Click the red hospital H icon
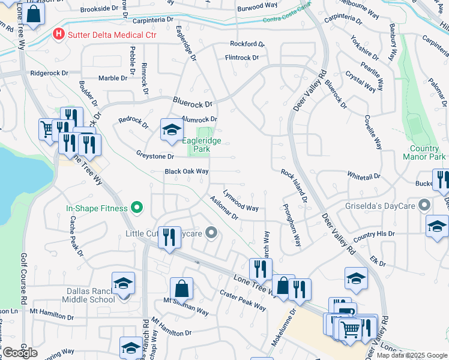[58, 34]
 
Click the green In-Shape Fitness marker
[137, 208]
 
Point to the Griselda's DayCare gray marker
[425, 205]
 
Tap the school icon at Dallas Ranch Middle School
[123, 283]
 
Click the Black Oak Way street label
[187, 172]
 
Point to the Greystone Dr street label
[155, 156]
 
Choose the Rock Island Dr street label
[294, 185]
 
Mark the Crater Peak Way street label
[243, 301]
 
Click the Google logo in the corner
[20, 353]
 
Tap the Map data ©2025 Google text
[411, 355]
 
